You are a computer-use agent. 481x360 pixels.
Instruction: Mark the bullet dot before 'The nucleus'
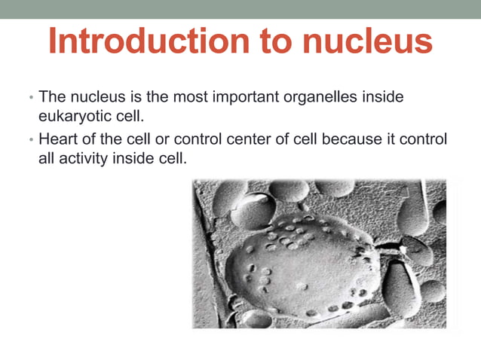pyautogui.click(x=30, y=99)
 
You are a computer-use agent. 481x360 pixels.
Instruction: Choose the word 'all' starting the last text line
pyautogui.click(x=45, y=160)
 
